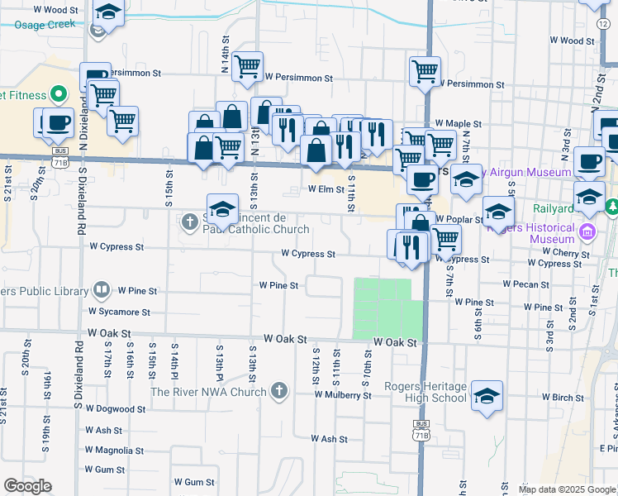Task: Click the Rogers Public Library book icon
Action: point(101,291)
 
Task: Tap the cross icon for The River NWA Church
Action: point(280,390)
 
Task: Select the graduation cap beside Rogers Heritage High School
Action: point(487,396)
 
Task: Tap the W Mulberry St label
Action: point(342,395)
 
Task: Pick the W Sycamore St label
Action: point(120,312)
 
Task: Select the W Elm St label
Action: point(326,189)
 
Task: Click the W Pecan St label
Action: point(525,284)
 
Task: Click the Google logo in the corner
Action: point(28,486)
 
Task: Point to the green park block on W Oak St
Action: point(383,308)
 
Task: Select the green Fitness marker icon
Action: point(59,94)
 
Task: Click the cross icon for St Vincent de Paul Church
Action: point(189,222)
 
